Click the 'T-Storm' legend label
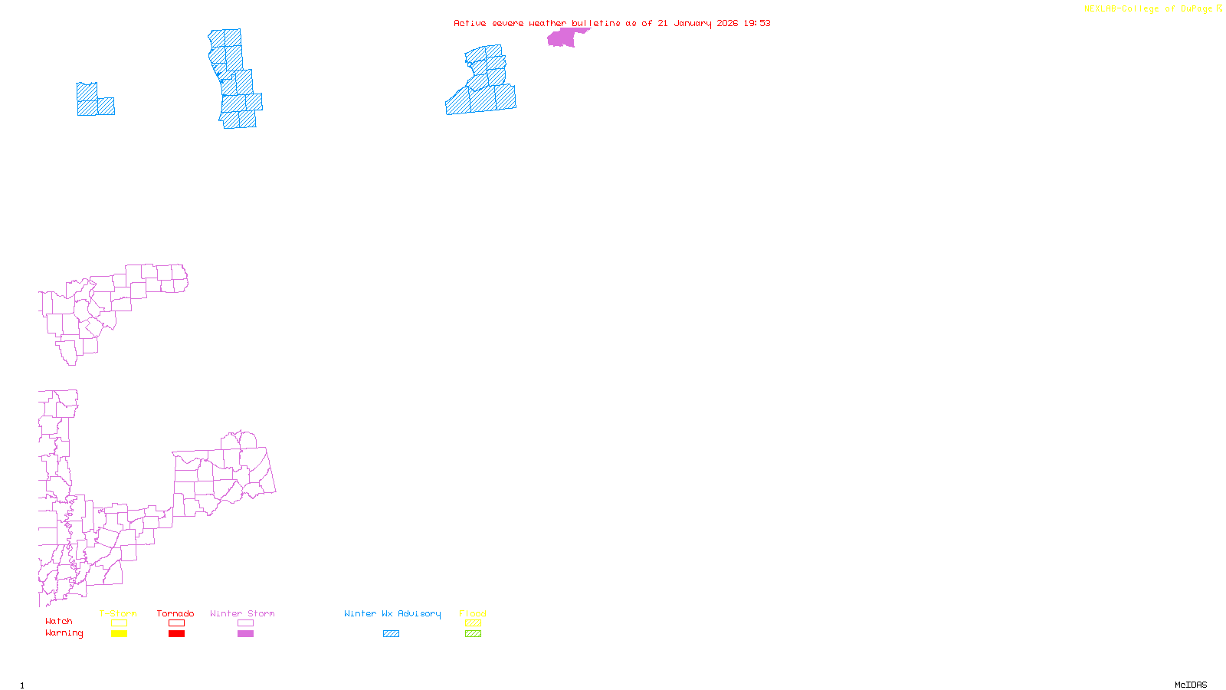pyautogui.click(x=117, y=613)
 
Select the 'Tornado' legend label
pyautogui.click(x=175, y=613)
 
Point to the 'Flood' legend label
pyautogui.click(x=473, y=613)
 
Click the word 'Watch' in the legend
pyautogui.click(x=59, y=621)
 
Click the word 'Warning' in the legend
pyautogui.click(x=64, y=633)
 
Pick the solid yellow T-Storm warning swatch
pyautogui.click(x=119, y=634)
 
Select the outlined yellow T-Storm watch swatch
pyautogui.click(x=119, y=623)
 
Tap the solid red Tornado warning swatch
pyautogui.click(x=176, y=634)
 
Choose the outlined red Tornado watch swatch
pyautogui.click(x=176, y=623)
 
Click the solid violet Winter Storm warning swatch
pyautogui.click(x=245, y=634)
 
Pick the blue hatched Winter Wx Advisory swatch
pyautogui.click(x=391, y=634)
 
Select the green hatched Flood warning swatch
pyautogui.click(x=473, y=634)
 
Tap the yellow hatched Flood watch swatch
pyautogui.click(x=473, y=623)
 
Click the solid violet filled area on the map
pyautogui.click(x=563, y=38)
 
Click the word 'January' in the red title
pyautogui.click(x=692, y=23)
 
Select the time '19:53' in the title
pyautogui.click(x=756, y=23)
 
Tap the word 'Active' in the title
pyautogui.click(x=470, y=23)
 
